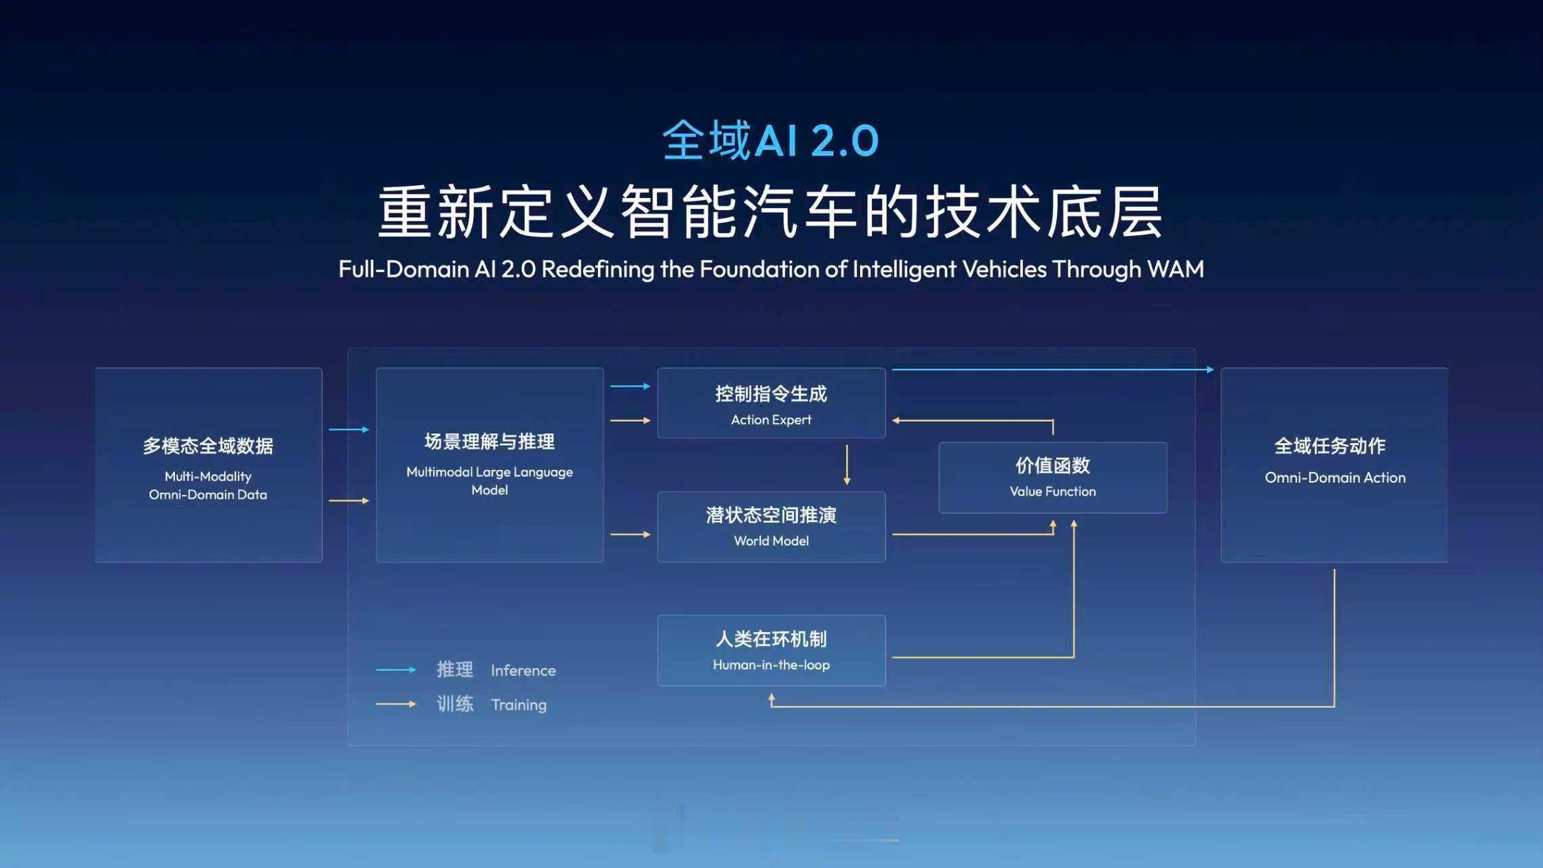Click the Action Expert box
click(771, 403)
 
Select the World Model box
click(771, 527)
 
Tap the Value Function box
click(1052, 477)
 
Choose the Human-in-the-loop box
click(771, 650)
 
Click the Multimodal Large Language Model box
click(489, 465)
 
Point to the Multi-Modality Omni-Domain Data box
click(208, 465)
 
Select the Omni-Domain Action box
click(1334, 465)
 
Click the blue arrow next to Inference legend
click(396, 670)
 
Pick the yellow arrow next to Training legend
click(396, 705)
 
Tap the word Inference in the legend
click(523, 671)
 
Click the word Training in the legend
click(519, 705)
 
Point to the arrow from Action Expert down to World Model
click(847, 465)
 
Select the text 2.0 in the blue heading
click(844, 141)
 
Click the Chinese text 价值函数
click(1052, 465)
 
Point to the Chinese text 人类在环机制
click(771, 639)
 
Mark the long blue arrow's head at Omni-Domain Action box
click(1210, 370)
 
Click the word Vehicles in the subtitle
click(1005, 269)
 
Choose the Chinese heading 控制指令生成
click(771, 393)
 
